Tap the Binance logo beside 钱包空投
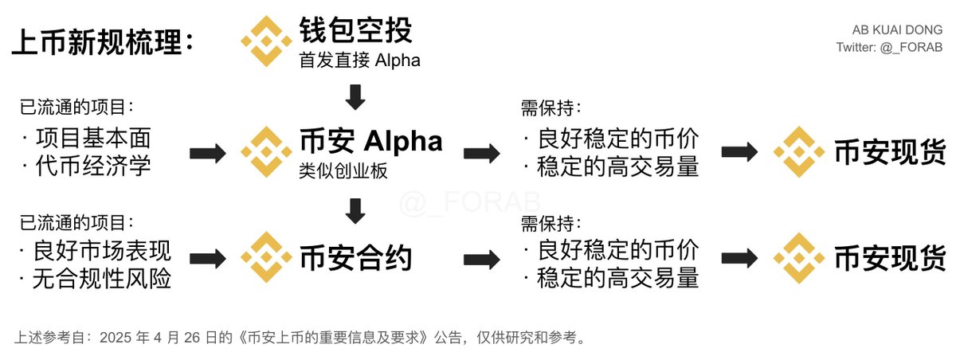pos(266,41)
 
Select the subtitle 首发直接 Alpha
pos(359,61)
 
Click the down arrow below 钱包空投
pos(355,97)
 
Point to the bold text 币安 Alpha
pos(371,141)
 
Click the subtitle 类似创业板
pos(343,171)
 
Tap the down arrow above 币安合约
pos(355,211)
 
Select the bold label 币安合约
pos(356,257)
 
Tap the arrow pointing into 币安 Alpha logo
pos(208,153)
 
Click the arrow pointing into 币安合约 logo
pos(208,259)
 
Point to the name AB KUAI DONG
pos(898,29)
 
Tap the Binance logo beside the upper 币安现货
pos(799,152)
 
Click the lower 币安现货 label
pos(891,259)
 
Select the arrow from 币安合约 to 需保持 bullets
pos(482,260)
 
